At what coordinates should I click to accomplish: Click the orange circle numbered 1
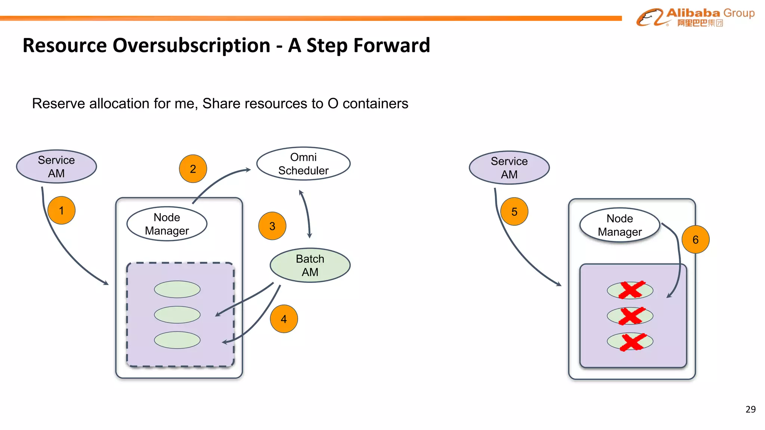[62, 210]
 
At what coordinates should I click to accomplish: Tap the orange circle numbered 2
[193, 169]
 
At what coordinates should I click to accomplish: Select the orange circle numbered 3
[272, 226]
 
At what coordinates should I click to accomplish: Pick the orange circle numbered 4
[284, 319]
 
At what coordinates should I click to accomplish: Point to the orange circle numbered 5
[514, 212]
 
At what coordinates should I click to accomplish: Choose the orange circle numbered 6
[696, 240]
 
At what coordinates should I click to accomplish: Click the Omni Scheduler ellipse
[303, 164]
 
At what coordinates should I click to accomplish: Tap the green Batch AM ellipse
[310, 265]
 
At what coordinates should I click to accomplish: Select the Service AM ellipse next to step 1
[56, 166]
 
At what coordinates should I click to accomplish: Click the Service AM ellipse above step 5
[509, 168]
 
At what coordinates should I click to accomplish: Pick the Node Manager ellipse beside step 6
[620, 225]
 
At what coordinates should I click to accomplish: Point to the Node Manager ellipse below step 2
[167, 224]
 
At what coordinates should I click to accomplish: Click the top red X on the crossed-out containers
[631, 290]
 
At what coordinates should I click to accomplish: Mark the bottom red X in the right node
[632, 342]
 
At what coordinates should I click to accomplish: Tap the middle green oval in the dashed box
[177, 315]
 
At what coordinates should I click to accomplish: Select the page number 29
[750, 409]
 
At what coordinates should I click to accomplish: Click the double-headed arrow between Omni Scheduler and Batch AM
[306, 214]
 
